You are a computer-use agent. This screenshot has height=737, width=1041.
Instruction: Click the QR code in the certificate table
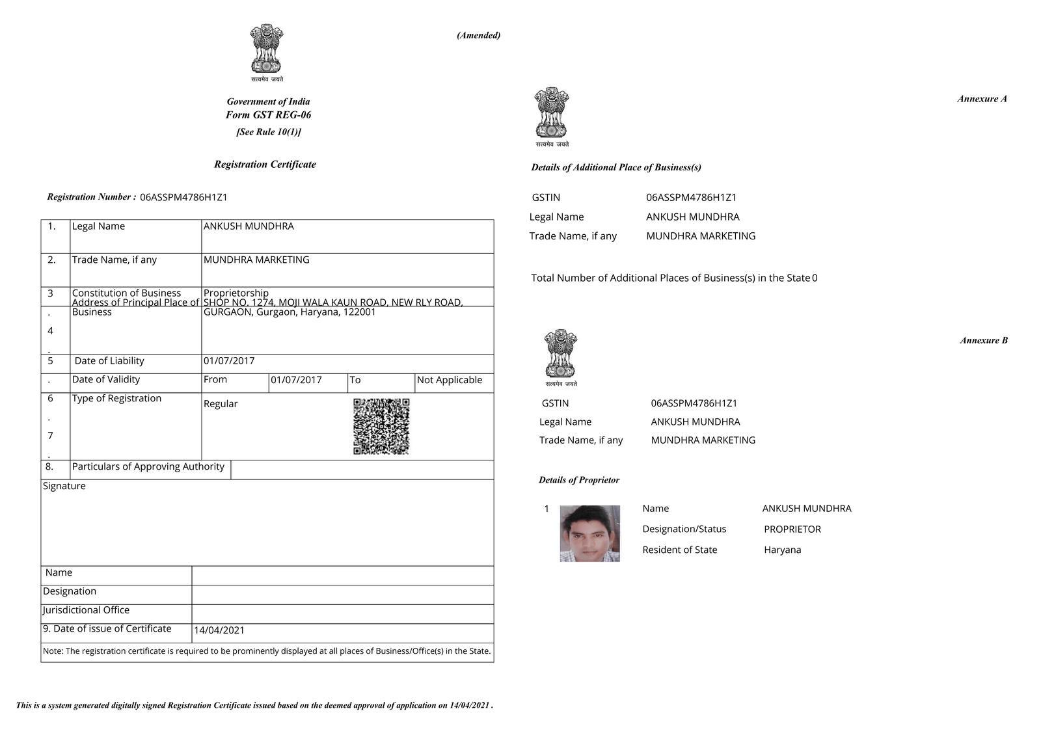[381, 426]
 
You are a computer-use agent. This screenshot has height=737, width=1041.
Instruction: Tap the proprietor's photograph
[589, 533]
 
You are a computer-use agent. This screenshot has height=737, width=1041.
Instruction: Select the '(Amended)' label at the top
[478, 35]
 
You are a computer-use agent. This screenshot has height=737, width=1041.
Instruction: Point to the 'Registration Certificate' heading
[265, 165]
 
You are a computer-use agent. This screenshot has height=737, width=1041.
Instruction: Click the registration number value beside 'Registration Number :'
[183, 197]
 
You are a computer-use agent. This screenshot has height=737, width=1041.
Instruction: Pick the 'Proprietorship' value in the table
[236, 293]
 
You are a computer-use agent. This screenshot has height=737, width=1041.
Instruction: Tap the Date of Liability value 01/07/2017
[229, 361]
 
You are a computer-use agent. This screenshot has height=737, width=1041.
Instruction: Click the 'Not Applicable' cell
[450, 380]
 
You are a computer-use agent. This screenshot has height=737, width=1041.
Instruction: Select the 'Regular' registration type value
[221, 404]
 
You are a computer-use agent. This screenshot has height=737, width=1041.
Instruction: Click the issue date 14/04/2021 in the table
[219, 630]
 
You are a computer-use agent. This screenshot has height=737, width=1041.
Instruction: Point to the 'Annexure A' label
[982, 99]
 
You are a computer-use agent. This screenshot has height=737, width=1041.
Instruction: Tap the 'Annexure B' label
[984, 340]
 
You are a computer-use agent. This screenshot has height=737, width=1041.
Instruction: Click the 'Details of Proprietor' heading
[579, 480]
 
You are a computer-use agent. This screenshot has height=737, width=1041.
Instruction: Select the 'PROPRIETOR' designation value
[792, 529]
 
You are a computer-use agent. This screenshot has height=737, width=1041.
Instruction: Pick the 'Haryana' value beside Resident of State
[783, 550]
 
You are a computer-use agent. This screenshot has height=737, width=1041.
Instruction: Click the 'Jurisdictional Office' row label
[86, 610]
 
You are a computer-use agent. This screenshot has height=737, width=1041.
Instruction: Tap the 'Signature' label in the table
[64, 486]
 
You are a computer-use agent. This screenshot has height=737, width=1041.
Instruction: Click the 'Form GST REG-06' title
[268, 115]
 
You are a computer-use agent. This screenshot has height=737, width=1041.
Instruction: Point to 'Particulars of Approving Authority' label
[148, 466]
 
